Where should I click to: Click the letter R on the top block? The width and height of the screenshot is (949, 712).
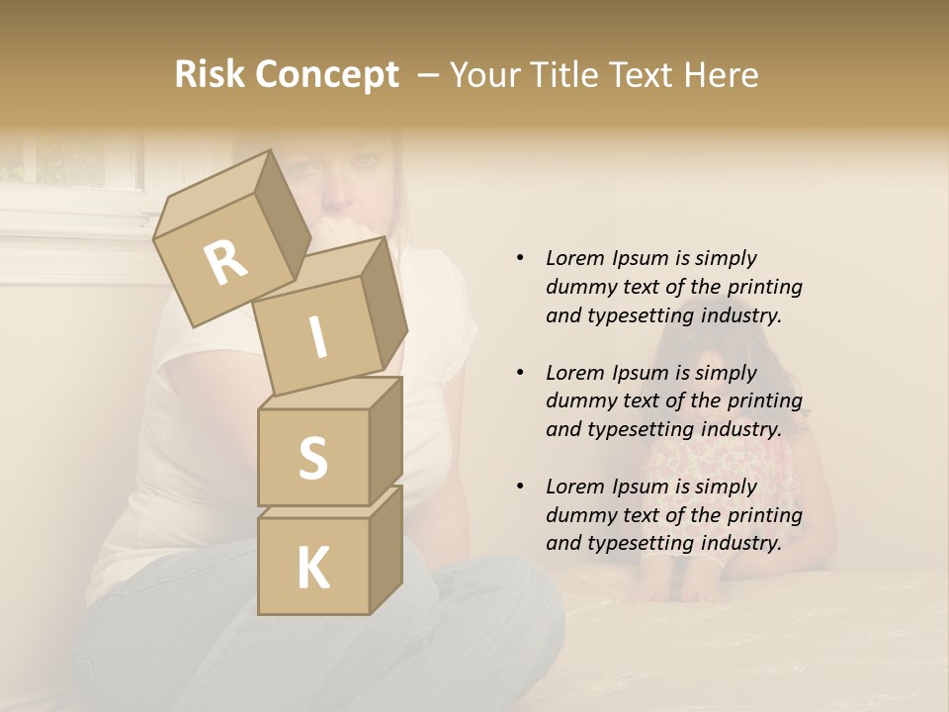[225, 263]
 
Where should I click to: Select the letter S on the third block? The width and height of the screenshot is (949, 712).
[312, 459]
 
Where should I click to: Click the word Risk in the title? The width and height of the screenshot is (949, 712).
[209, 75]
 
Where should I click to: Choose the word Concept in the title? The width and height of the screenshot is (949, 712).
[326, 76]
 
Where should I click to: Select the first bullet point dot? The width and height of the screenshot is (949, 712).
[520, 258]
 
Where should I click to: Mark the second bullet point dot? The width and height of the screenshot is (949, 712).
[520, 373]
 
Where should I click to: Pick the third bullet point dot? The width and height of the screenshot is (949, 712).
[520, 487]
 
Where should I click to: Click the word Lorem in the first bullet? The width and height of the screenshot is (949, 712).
[573, 258]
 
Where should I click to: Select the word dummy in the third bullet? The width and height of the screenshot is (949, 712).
[578, 515]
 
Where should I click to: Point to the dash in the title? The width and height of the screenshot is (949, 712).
[429, 76]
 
